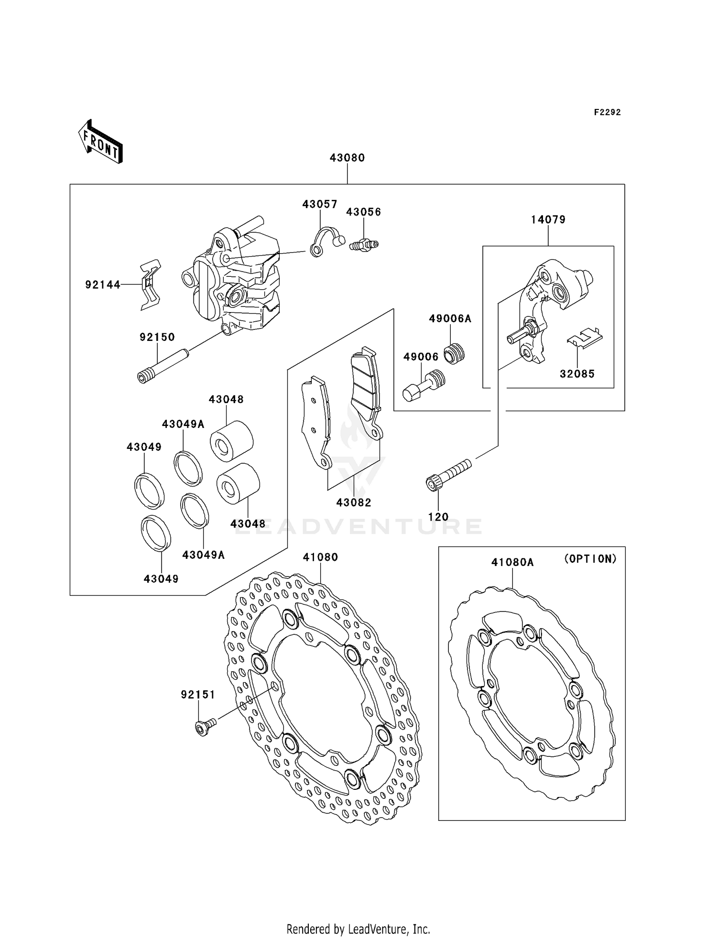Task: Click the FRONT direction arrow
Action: click(101, 142)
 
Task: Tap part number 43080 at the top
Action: click(347, 158)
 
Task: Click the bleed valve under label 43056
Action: click(364, 245)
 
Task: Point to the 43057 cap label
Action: click(320, 204)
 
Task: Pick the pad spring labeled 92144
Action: click(150, 285)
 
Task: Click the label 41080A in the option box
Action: click(512, 562)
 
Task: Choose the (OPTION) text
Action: click(590, 558)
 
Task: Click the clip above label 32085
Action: click(584, 337)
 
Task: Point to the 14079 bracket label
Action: click(548, 219)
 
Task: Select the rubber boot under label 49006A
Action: click(454, 354)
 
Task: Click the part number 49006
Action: click(421, 357)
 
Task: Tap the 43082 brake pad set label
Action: click(354, 502)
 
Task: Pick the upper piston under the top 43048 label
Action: click(231, 441)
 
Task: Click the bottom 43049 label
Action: click(161, 579)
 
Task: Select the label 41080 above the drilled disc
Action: click(320, 557)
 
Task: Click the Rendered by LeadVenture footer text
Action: click(358, 929)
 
